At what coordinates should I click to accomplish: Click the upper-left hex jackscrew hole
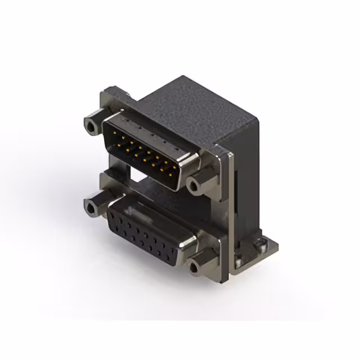pos(90,123)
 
